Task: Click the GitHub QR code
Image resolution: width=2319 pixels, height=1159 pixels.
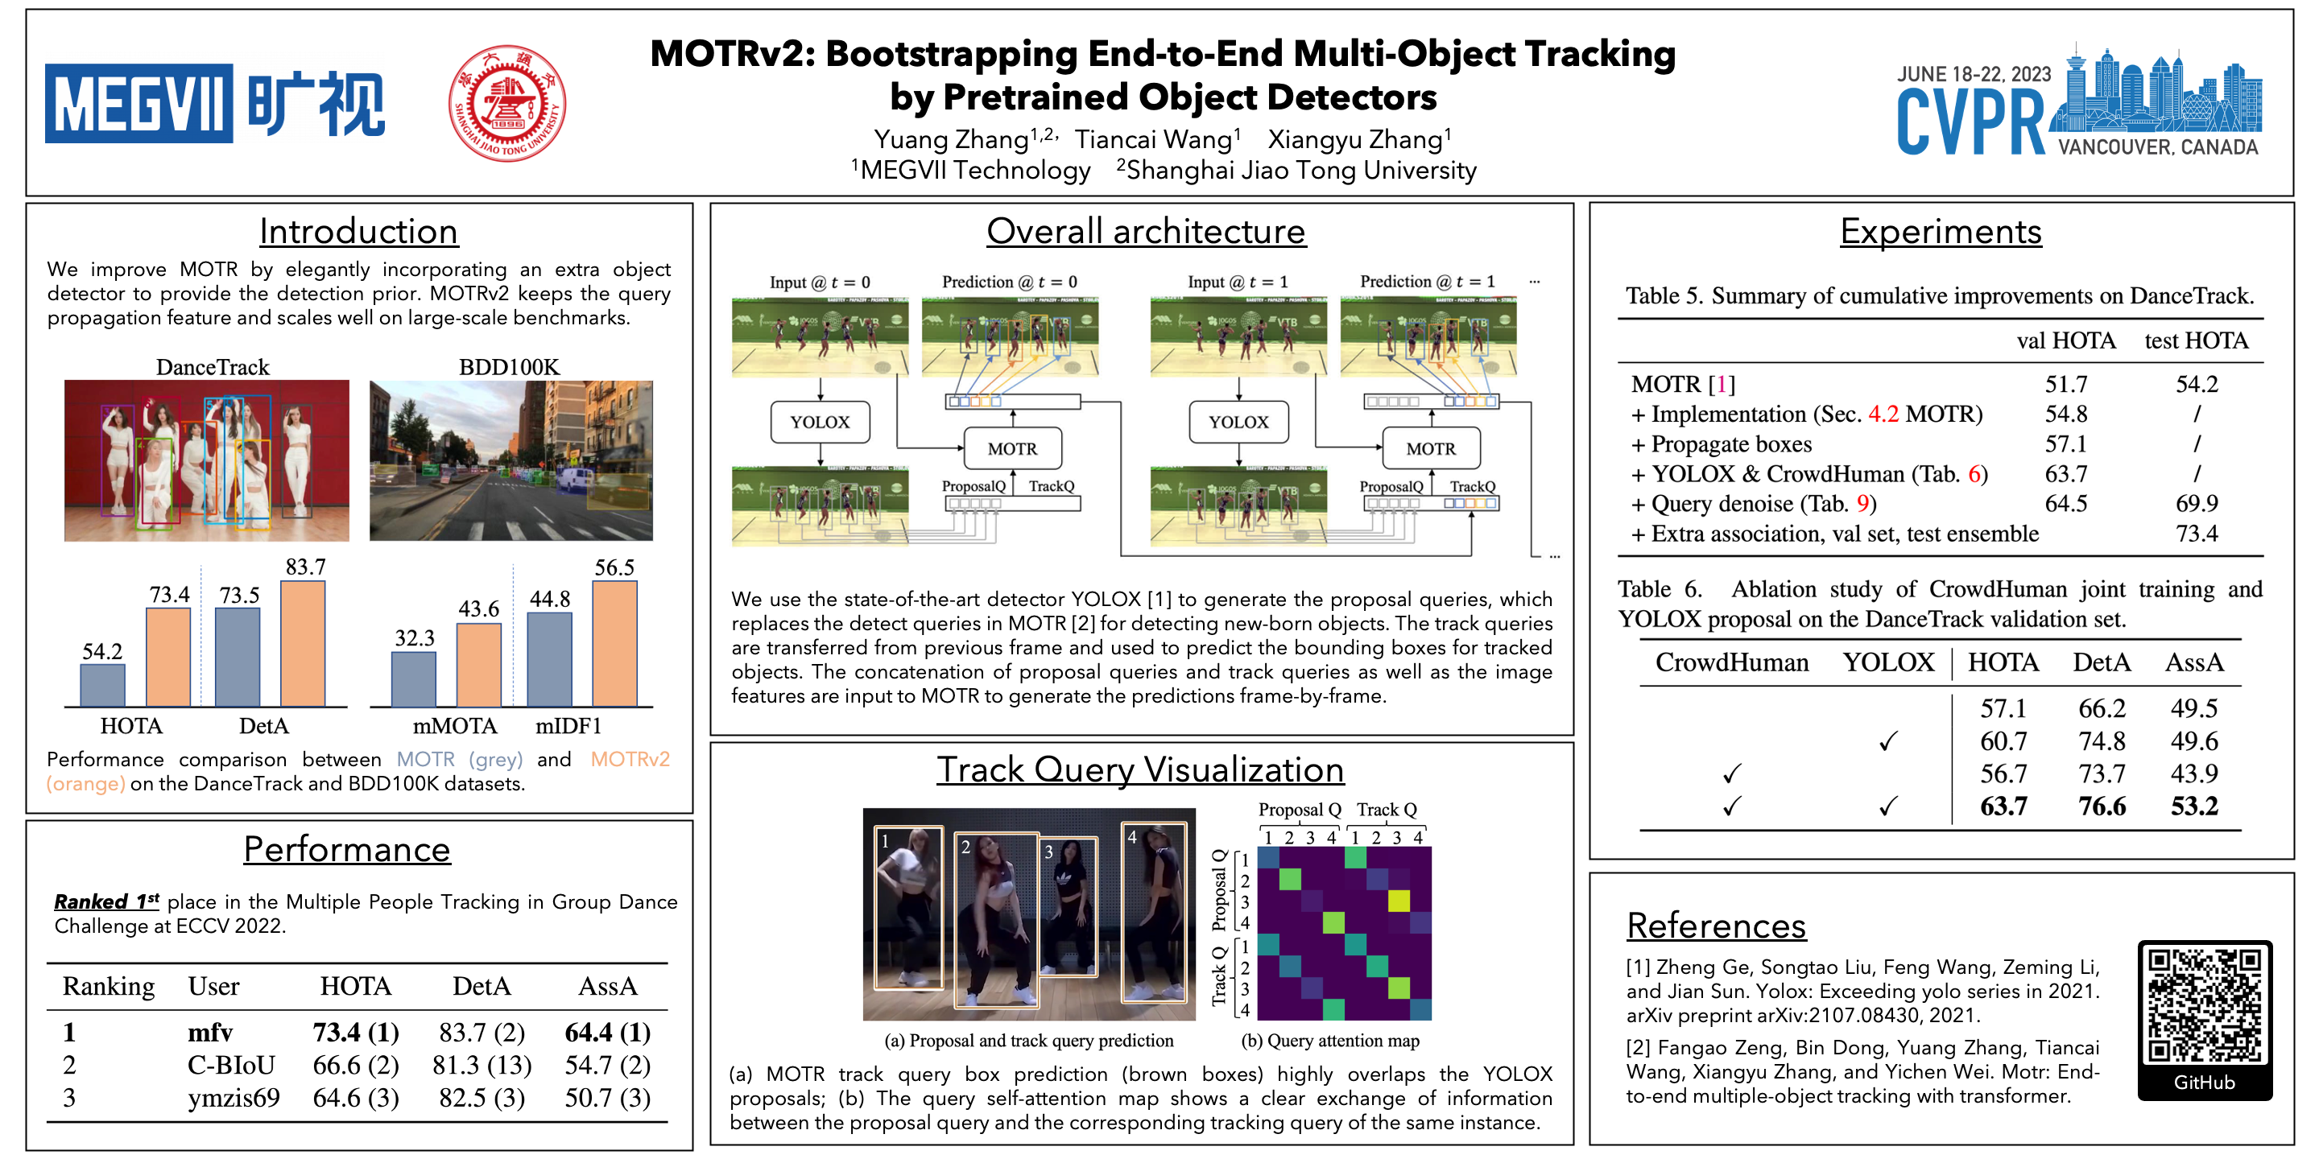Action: coord(2204,1006)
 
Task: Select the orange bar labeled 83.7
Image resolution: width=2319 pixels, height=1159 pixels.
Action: coord(303,642)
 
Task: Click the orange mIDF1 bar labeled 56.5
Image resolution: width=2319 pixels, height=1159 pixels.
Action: coord(615,642)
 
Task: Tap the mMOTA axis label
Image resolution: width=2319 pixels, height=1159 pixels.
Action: coord(455,726)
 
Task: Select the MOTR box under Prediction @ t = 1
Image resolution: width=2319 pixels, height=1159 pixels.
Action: coord(1431,449)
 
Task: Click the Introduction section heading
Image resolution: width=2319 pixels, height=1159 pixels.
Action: coord(358,231)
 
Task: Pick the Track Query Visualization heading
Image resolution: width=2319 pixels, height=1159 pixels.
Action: coord(1139,769)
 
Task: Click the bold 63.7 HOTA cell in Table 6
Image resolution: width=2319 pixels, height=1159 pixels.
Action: coord(2003,806)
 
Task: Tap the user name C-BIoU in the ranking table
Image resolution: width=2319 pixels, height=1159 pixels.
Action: coord(231,1066)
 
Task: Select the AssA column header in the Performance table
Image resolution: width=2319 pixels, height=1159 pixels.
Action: coord(608,987)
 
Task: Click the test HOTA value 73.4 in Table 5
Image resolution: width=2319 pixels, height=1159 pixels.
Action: coord(2197,534)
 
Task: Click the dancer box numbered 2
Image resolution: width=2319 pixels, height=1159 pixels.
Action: coord(997,918)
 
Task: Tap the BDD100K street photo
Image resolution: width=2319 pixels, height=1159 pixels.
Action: coord(511,460)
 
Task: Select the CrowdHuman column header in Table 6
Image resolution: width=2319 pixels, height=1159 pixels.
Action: coord(1731,663)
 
